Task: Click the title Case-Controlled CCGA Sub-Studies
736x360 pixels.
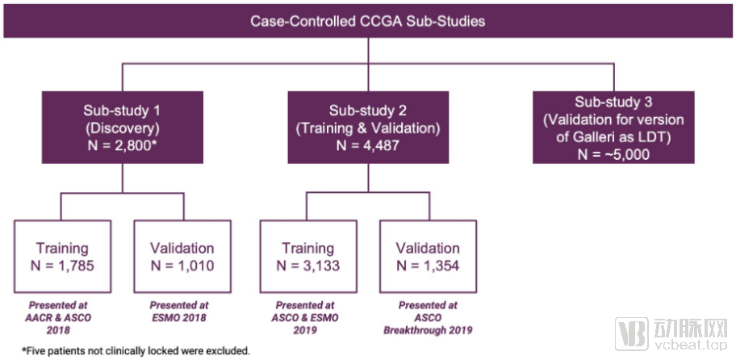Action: click(x=367, y=20)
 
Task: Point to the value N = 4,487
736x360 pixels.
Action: click(x=369, y=145)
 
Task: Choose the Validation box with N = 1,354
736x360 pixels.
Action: click(x=429, y=257)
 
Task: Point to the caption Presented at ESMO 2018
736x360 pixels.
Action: click(x=183, y=311)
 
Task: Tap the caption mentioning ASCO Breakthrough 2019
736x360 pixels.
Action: click(x=429, y=316)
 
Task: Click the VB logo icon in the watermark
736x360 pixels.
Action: click(x=632, y=334)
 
